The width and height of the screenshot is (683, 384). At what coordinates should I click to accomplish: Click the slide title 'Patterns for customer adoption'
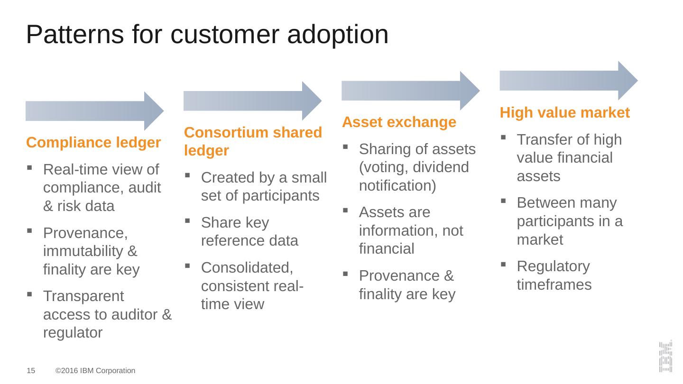coord(207,34)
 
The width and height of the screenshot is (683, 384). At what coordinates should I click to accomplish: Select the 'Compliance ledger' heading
coord(93,142)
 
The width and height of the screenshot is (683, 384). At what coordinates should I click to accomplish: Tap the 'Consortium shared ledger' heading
coord(253,141)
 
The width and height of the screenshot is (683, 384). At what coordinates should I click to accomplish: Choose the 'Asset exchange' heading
coord(399,122)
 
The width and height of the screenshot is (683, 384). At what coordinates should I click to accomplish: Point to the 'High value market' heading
coord(564,113)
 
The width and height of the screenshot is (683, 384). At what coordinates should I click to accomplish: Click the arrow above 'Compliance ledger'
coord(94,111)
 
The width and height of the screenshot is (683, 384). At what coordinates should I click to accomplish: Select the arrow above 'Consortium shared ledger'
coord(252,101)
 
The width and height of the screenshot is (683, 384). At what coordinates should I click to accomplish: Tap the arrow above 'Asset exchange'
coord(410,91)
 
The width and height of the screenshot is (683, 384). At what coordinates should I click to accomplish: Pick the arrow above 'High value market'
coord(568,81)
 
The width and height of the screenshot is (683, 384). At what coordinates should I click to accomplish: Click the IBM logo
coord(665,357)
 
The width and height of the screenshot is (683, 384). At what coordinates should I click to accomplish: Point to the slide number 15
coord(30,371)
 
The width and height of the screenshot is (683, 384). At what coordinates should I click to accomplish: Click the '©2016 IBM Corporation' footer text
coord(95,371)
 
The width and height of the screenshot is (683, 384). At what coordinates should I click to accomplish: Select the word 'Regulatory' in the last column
coord(553,266)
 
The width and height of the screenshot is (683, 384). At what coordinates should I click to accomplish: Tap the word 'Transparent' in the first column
coord(83,296)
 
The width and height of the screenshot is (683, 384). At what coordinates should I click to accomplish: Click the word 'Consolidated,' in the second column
coord(247,268)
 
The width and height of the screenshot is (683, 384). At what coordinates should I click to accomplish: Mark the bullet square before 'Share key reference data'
coord(188,220)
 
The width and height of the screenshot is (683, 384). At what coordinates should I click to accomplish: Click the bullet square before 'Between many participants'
coord(504,201)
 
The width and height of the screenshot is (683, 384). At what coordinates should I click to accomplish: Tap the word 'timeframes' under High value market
coord(554,285)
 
